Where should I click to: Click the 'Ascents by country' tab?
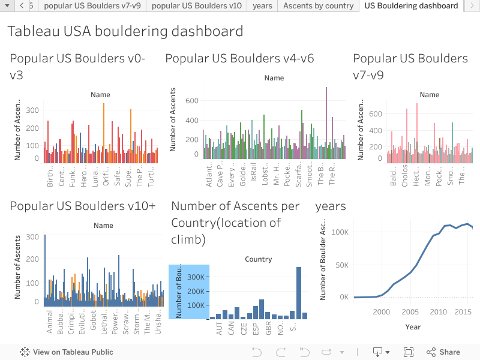click(318, 6)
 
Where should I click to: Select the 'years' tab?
click(262, 6)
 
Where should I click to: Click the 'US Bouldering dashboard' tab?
click(411, 6)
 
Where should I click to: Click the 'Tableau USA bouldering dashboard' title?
click(125, 31)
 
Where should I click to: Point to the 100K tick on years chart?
click(340, 231)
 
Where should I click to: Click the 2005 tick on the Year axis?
click(410, 312)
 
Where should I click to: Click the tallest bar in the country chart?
click(299, 292)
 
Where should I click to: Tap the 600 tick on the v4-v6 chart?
click(191, 101)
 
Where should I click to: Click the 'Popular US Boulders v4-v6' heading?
click(239, 58)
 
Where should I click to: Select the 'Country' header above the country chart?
click(259, 259)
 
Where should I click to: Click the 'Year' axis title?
click(412, 327)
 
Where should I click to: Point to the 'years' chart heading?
click(331, 206)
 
